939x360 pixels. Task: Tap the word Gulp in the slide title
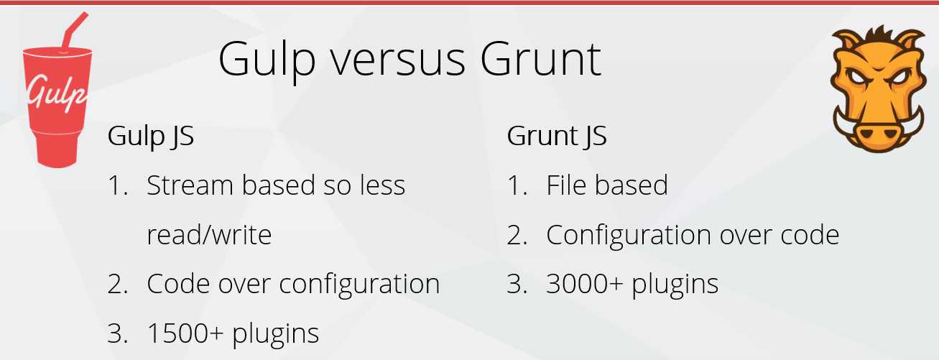267,62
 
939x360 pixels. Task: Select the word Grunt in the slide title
541,59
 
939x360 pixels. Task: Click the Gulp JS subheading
150,137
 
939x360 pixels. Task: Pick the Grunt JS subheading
557,137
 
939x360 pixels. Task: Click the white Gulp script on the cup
57,95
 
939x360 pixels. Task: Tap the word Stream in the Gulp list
190,185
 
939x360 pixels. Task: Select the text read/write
209,235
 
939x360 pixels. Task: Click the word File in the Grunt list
566,185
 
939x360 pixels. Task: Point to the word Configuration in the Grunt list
629,236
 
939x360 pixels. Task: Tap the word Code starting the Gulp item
178,284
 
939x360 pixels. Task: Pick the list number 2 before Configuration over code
517,236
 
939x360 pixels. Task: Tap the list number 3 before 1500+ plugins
117,333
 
